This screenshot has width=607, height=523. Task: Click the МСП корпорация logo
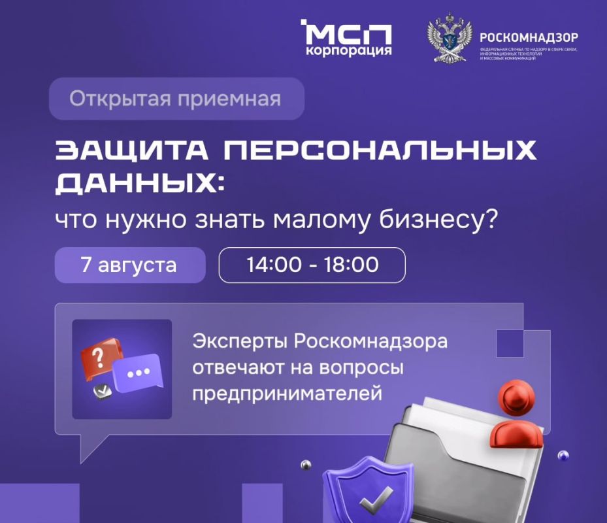[346, 39]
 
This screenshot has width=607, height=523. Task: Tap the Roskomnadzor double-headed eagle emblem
[448, 41]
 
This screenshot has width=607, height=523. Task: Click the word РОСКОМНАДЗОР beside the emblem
[529, 37]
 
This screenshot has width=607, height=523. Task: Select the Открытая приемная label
[176, 99]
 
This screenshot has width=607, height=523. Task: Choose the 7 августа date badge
[129, 265]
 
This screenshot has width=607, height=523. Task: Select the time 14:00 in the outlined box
[274, 265]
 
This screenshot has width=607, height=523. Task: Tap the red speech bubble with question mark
[100, 356]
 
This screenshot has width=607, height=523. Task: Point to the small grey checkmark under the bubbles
[102, 392]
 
